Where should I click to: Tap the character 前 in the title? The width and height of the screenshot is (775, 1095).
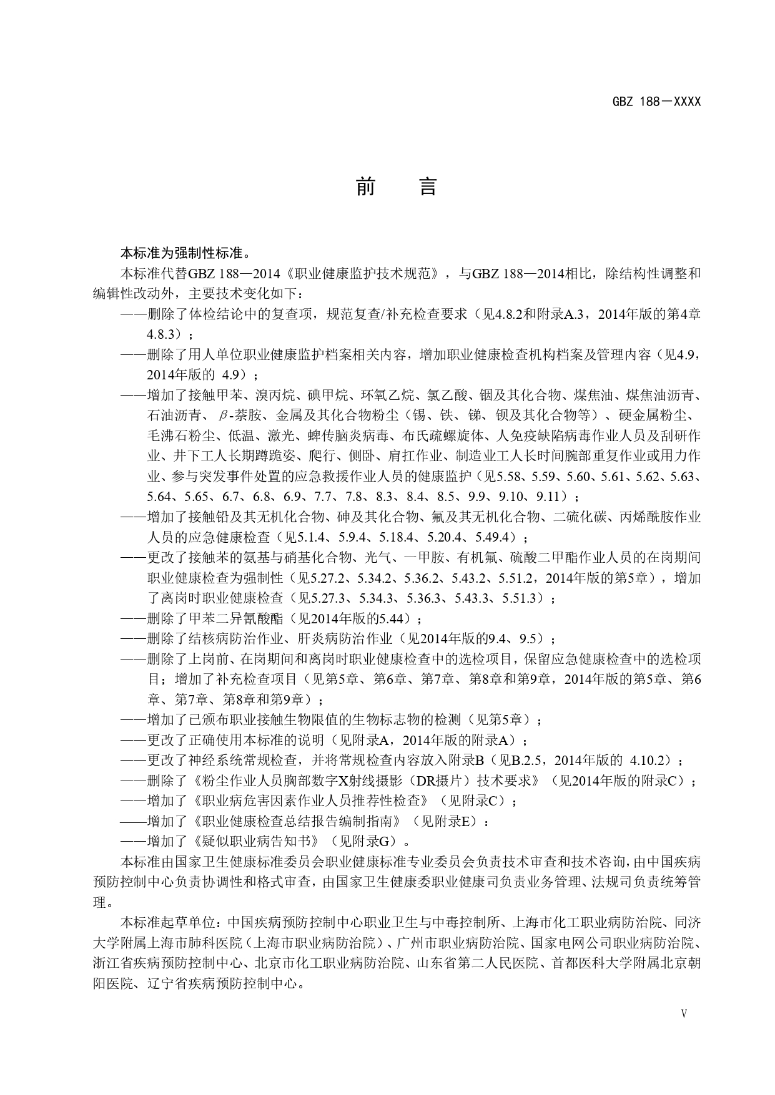click(365, 187)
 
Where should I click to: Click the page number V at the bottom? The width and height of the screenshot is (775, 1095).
click(684, 1014)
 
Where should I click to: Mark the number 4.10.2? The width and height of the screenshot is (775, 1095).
click(649, 761)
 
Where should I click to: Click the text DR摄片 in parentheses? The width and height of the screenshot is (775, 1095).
click(442, 781)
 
